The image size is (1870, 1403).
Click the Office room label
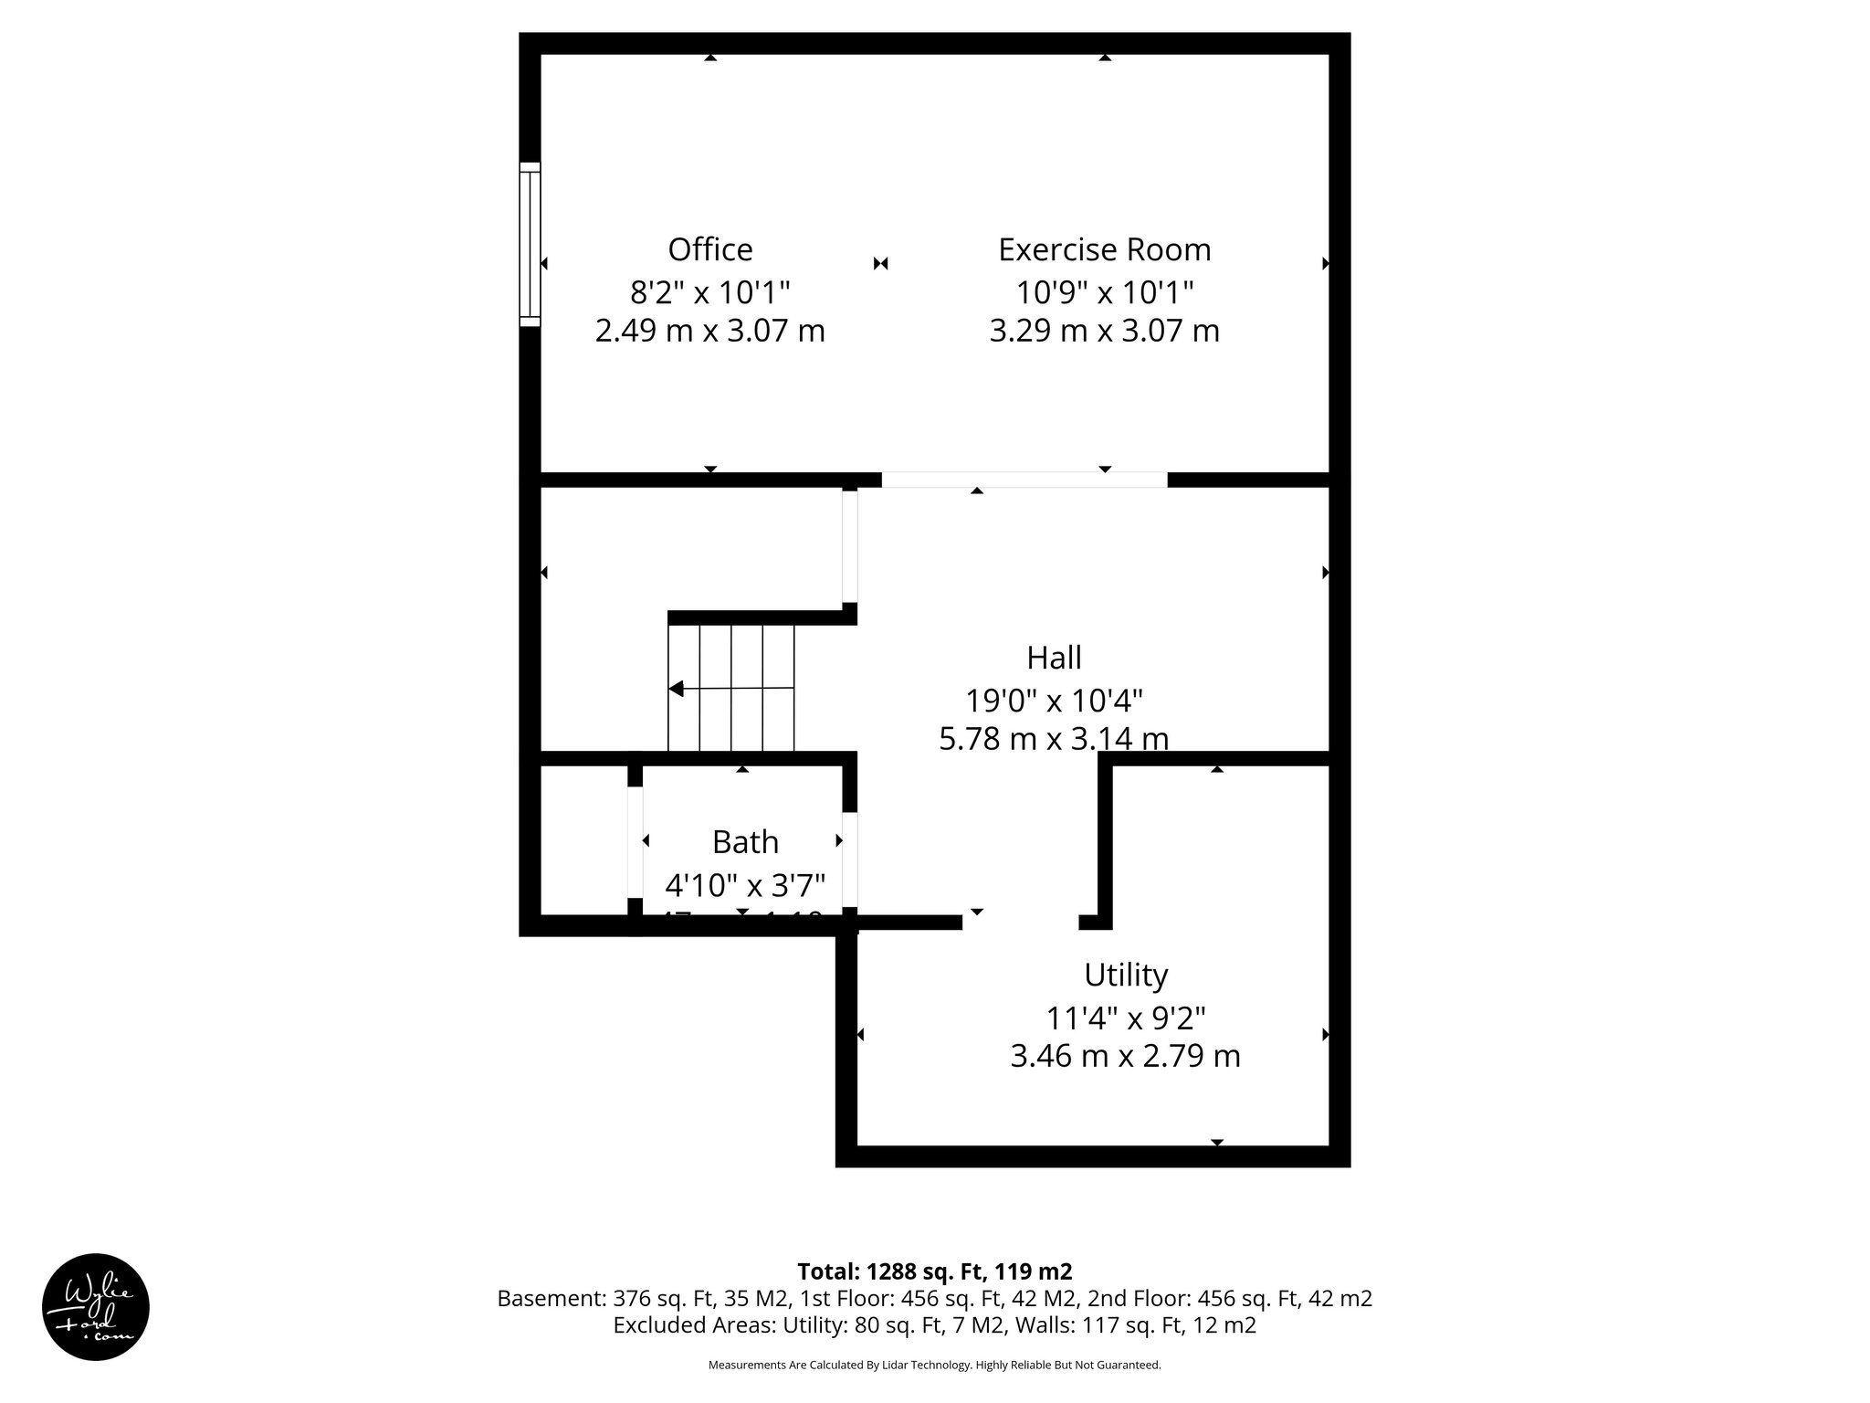[x=710, y=249]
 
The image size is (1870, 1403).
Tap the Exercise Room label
[x=1104, y=249]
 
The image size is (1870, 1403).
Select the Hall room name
[x=1054, y=658]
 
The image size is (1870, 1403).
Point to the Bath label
[x=745, y=842]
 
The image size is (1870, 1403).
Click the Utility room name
[x=1125, y=976]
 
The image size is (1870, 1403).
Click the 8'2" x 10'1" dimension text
[x=710, y=292]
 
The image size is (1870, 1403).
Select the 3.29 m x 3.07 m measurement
[x=1104, y=331]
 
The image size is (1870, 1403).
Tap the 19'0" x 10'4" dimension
[x=1054, y=701]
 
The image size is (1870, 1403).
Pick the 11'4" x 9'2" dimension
[x=1125, y=1018]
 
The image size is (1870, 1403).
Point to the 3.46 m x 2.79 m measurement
[x=1125, y=1057]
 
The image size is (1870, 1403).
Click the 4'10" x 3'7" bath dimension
[x=745, y=885]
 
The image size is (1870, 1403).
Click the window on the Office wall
[x=530, y=244]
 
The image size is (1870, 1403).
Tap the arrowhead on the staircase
[x=677, y=689]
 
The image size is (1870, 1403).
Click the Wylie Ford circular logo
[x=96, y=1307]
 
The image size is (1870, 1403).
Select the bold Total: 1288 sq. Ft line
[x=934, y=1271]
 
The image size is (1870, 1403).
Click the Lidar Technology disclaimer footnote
[x=934, y=1365]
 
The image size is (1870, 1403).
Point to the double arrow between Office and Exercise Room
[x=880, y=264]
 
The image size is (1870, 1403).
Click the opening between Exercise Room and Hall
[x=1024, y=480]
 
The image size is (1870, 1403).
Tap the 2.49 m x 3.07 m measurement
[x=710, y=331]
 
